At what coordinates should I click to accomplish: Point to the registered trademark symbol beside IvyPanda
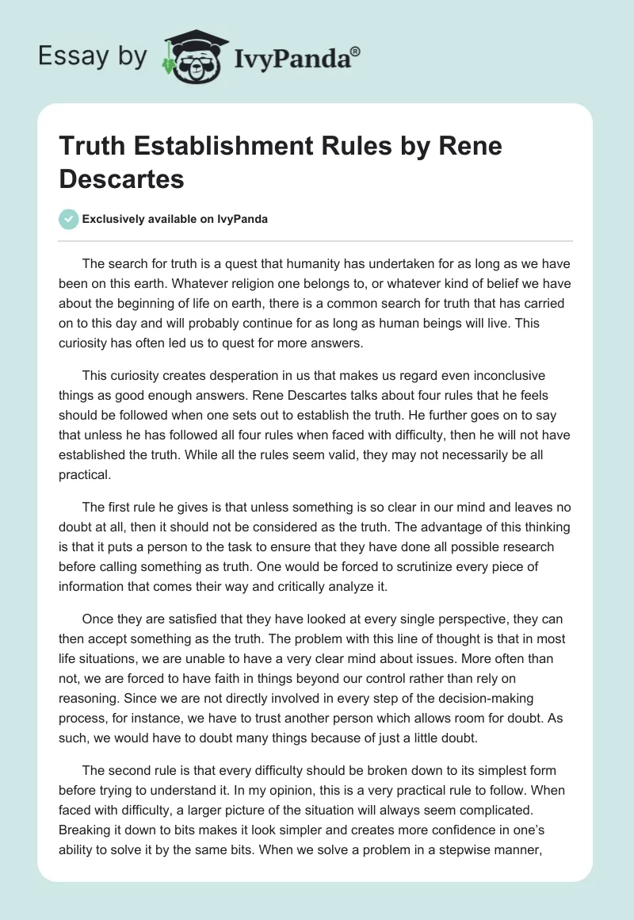[356, 50]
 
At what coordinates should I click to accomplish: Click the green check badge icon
[68, 219]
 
